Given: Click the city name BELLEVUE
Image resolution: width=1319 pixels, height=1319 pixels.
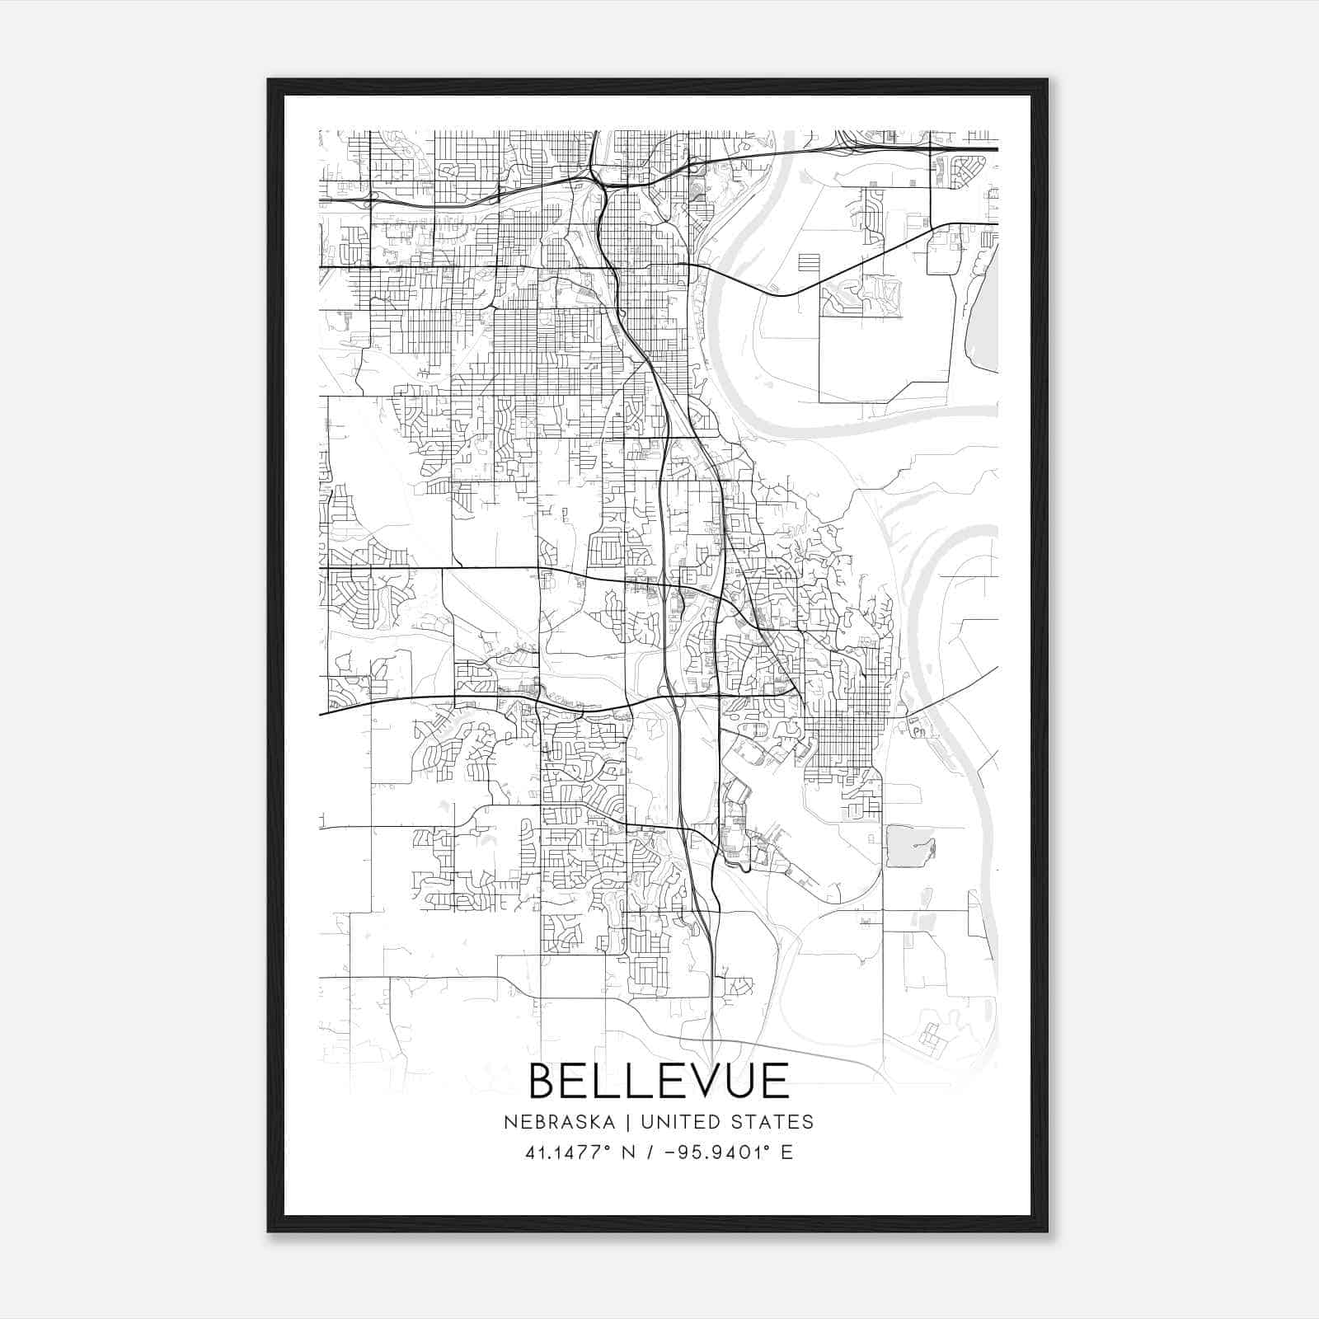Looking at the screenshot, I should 659,1081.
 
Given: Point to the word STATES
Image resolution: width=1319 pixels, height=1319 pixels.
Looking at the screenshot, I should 773,1122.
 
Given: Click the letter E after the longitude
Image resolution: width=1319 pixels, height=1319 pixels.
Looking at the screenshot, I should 786,1152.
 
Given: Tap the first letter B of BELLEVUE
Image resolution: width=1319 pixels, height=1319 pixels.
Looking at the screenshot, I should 544,1081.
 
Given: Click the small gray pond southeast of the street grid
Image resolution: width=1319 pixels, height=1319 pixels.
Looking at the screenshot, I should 910,846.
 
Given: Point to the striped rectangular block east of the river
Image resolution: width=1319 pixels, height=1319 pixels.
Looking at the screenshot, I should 810,263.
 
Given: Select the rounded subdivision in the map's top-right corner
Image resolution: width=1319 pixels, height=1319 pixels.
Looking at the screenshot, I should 965,171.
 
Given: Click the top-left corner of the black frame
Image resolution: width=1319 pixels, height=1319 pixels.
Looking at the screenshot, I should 269,81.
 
